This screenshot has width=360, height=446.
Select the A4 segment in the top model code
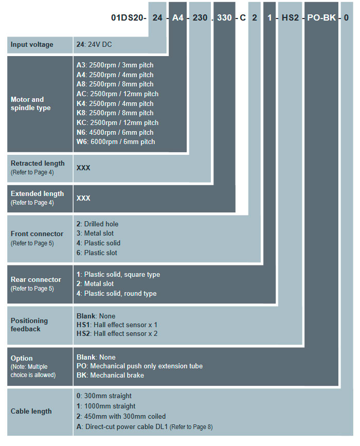tap(178, 17)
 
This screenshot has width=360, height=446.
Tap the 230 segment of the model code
tap(200, 17)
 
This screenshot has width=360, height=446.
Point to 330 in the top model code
tap(224, 17)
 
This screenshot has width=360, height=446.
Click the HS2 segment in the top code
tap(290, 17)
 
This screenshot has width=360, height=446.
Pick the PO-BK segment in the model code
tap(321, 17)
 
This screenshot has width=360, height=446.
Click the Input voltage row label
tap(32, 45)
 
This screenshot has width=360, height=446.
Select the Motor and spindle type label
tap(31, 103)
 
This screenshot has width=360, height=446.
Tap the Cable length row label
tap(31, 412)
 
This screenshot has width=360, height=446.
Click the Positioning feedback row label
tap(29, 325)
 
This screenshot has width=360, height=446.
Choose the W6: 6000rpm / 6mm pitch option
tap(116, 141)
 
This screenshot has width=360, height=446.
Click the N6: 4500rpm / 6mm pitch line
tap(115, 132)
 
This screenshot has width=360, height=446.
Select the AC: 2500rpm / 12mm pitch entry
tap(117, 94)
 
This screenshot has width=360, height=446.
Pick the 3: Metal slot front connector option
tap(95, 233)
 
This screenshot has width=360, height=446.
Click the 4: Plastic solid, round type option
tap(117, 293)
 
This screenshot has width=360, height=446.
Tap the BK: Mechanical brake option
tap(111, 375)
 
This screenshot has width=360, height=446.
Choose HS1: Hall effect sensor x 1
tap(117, 325)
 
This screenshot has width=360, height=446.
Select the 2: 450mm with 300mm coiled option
tap(121, 416)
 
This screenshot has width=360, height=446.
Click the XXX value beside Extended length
tap(83, 198)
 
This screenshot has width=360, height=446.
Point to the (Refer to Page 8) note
tap(191, 427)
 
